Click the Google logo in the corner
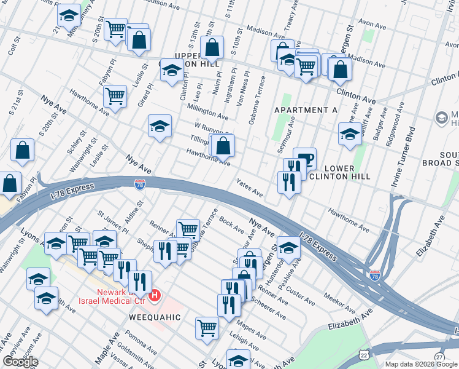[x=20, y=362]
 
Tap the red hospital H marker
[x=156, y=296]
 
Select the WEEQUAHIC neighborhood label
[x=155, y=317]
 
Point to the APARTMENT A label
[x=306, y=110]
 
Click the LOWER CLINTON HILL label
[x=339, y=172]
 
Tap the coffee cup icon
[x=304, y=158]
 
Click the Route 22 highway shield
[x=364, y=355]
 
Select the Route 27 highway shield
[x=439, y=357]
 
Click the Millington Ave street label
[x=208, y=110]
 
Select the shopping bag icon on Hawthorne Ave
[x=224, y=146]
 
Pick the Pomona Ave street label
[x=139, y=346]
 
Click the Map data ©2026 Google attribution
[x=421, y=364]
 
